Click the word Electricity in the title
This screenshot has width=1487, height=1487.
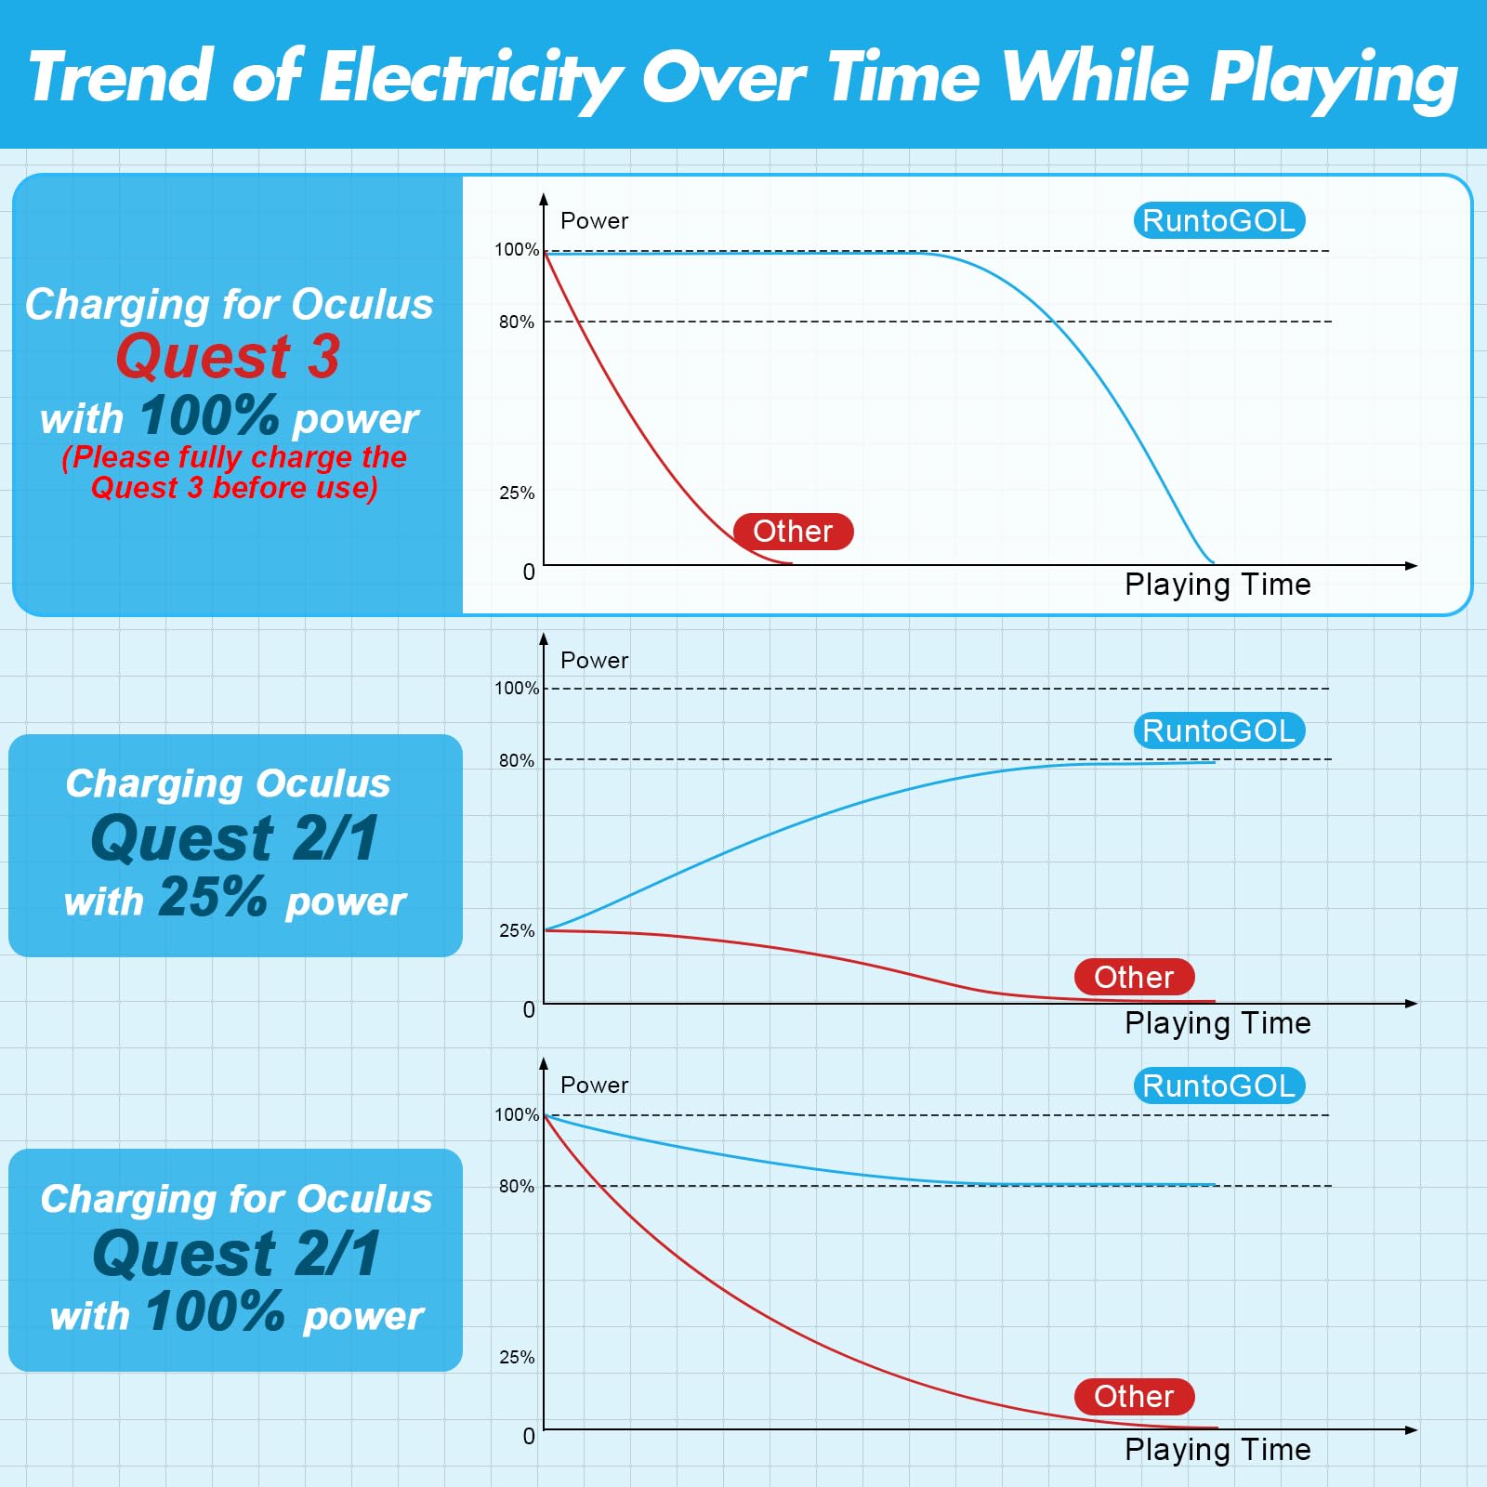click(x=469, y=78)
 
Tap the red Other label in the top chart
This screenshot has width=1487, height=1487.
click(x=793, y=532)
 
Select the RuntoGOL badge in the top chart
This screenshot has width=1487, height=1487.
click(x=1218, y=221)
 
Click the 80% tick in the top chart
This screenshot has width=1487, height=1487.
click(x=517, y=322)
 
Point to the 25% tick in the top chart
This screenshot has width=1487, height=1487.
click(x=517, y=493)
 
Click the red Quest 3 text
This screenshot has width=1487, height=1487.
click(x=228, y=356)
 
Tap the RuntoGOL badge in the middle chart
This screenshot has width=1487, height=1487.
click(x=1218, y=731)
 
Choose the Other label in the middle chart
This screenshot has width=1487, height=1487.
click(x=1134, y=978)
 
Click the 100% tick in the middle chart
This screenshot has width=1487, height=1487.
click(x=516, y=689)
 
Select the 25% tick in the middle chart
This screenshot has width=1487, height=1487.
click(x=517, y=931)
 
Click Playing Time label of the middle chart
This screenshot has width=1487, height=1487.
click(x=1217, y=1023)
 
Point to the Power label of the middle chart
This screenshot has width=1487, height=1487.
click(x=594, y=661)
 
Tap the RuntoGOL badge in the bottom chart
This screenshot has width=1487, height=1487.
click(x=1218, y=1086)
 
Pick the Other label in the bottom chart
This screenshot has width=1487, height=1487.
click(x=1134, y=1397)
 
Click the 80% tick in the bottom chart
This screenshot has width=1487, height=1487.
click(x=517, y=1187)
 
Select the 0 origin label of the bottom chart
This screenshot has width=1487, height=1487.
click(x=529, y=1437)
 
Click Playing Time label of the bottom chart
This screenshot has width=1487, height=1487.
click(x=1217, y=1450)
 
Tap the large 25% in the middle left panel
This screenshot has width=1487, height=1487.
click(x=213, y=898)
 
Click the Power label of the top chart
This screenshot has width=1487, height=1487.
click(x=594, y=221)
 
